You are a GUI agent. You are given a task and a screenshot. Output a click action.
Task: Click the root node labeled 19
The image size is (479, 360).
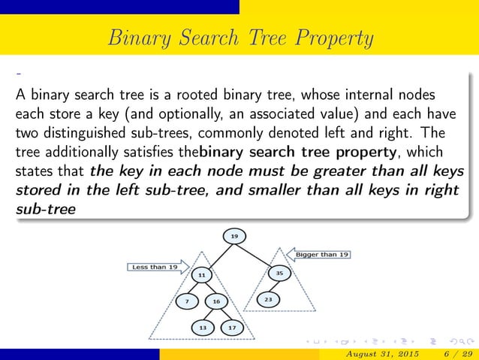pos(234,237)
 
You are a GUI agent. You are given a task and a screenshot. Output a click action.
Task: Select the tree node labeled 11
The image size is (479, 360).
pos(202,275)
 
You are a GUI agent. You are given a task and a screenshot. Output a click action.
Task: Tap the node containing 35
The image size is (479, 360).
pos(279,274)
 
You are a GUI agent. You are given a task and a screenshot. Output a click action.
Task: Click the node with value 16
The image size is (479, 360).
pos(216,301)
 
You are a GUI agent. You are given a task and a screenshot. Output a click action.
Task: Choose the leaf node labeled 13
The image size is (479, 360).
pos(203,328)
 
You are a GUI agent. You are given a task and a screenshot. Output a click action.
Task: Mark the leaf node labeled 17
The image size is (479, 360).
pos(231,328)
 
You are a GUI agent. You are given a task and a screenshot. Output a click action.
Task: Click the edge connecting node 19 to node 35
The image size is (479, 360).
pos(256,255)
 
